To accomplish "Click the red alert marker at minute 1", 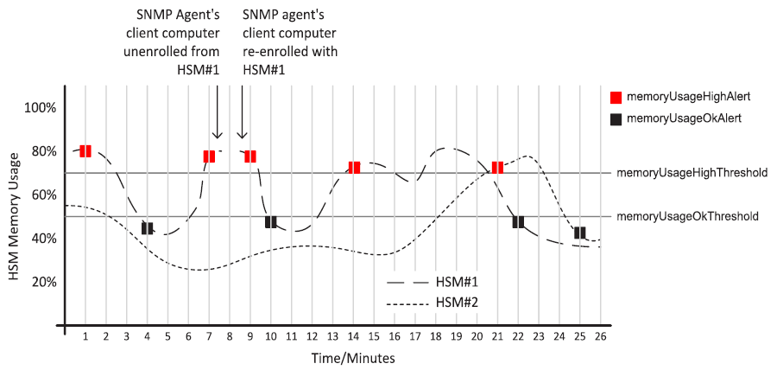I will (85, 151).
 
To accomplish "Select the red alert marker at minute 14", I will (354, 167).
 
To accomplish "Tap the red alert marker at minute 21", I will (497, 167).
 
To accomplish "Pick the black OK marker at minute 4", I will (147, 228).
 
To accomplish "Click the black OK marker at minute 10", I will (271, 222).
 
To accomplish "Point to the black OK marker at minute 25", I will (580, 233).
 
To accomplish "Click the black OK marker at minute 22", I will (518, 222).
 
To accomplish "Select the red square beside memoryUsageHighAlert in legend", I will (616, 97).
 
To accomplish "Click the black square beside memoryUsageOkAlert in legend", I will (616, 118).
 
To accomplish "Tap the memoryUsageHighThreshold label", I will (692, 173).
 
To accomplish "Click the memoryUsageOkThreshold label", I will (687, 216).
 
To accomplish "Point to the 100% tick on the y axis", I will (40, 108).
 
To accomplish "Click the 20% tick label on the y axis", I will (42, 282).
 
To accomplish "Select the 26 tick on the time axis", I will (599, 335).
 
